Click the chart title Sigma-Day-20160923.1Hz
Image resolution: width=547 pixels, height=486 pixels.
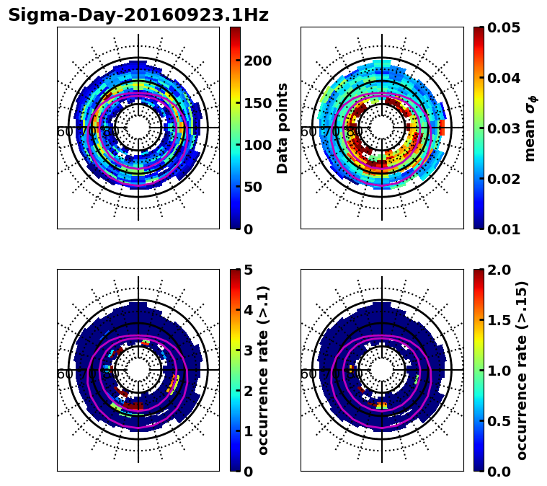click(x=138, y=15)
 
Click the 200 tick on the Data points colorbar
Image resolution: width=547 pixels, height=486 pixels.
click(x=257, y=61)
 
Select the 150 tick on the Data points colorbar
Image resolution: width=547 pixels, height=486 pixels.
click(x=257, y=103)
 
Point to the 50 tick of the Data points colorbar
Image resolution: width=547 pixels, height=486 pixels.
click(x=252, y=187)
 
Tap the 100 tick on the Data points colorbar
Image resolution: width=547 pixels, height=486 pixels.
click(x=257, y=145)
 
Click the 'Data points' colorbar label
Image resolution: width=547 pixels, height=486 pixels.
click(x=283, y=128)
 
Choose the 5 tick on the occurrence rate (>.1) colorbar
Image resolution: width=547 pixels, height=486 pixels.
click(x=248, y=270)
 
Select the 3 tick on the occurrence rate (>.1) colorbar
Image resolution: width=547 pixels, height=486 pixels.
click(x=248, y=350)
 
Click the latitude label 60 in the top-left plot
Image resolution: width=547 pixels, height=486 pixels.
click(x=64, y=132)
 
